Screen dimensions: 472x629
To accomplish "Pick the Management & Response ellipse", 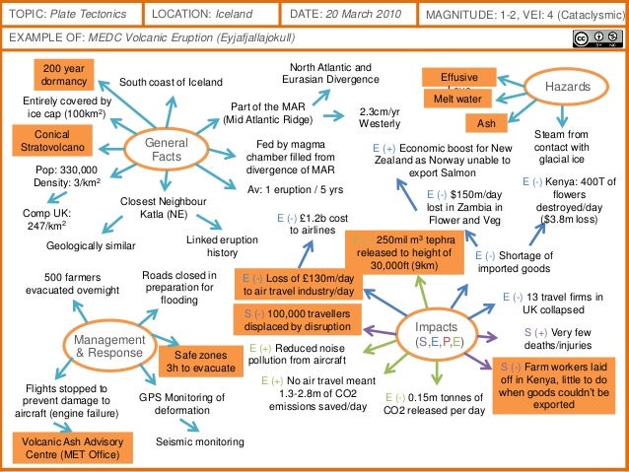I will pos(109,345).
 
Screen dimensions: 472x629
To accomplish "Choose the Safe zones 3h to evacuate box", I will pos(200,362).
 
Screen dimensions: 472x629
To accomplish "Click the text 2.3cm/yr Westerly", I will pos(378,118).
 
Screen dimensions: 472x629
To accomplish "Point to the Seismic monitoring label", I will pos(201,442).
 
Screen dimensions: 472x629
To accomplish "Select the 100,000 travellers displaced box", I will pos(297,321).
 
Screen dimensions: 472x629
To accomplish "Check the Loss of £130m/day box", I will pos(298,285).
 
